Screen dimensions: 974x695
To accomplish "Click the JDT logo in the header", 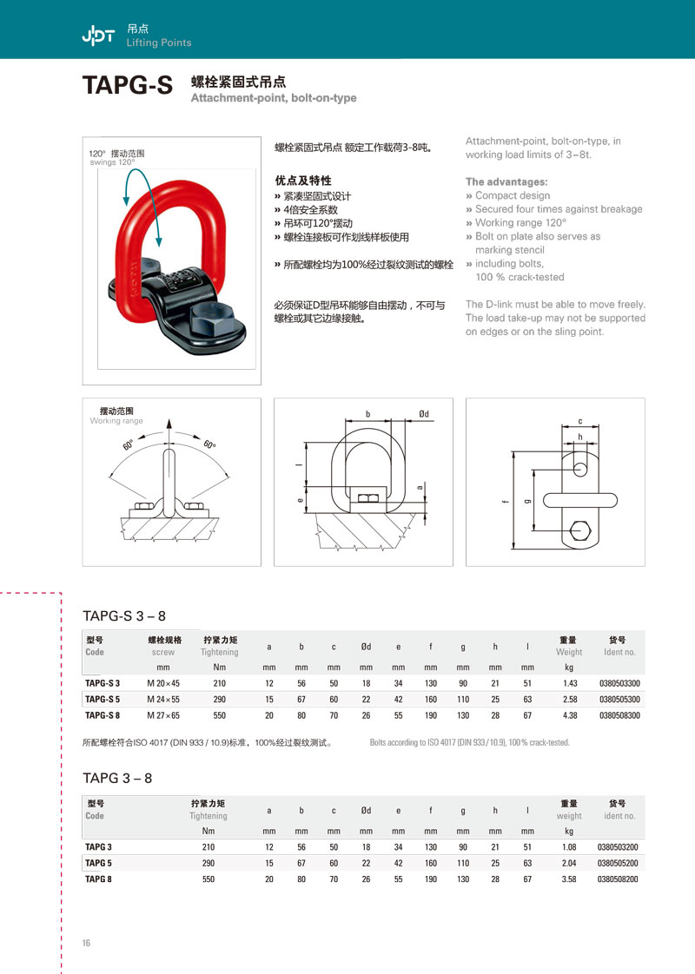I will click(x=97, y=35).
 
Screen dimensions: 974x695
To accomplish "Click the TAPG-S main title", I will click(x=128, y=85).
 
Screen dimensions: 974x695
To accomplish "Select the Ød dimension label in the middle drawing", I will click(x=423, y=414).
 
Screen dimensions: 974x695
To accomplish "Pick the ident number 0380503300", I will click(x=619, y=684).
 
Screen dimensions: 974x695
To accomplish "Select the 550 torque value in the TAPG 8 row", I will click(x=208, y=879).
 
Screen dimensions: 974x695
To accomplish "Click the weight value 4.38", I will click(x=569, y=715).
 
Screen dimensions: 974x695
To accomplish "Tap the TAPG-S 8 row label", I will click(x=103, y=715).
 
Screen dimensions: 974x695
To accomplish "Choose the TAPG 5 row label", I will click(x=98, y=863).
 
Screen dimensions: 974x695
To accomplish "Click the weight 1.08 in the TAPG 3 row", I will click(x=569, y=846).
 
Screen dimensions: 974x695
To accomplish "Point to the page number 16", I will click(x=87, y=944).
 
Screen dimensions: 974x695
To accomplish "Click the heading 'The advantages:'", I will click(x=506, y=182).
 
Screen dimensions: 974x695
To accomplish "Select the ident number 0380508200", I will click(x=619, y=879).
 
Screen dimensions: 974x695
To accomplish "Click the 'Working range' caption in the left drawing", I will click(x=116, y=421).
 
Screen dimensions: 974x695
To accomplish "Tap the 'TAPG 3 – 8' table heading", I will click(x=117, y=778).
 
